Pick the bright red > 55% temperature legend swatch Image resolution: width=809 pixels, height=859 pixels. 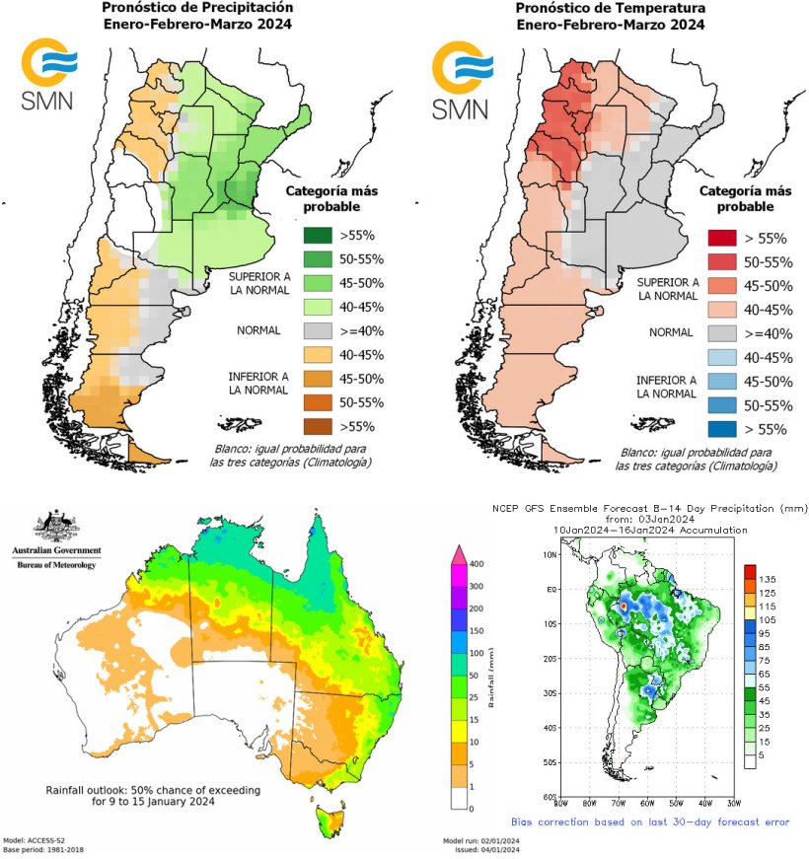click(724, 238)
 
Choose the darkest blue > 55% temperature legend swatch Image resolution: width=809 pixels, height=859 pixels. click(724, 429)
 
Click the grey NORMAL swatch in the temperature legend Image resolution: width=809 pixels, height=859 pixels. click(724, 333)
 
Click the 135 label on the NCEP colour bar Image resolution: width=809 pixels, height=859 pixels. click(771, 580)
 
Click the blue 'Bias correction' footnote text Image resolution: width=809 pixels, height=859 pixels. click(650, 821)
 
